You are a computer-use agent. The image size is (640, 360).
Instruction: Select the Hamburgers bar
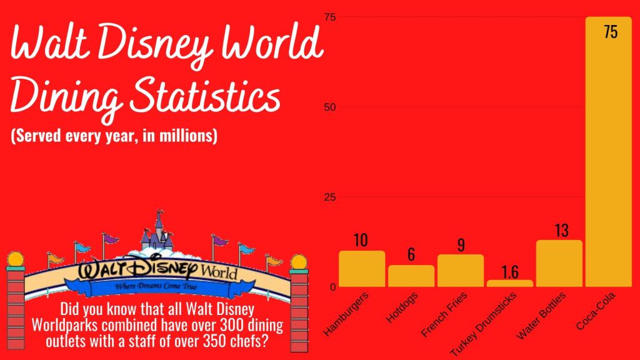(362, 269)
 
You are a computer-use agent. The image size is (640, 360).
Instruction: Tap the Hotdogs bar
(411, 276)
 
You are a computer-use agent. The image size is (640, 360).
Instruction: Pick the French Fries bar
(461, 271)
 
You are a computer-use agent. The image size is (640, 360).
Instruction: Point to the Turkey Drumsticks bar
(510, 283)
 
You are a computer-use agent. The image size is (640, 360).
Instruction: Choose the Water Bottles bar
(559, 263)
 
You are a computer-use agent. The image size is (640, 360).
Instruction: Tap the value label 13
(561, 231)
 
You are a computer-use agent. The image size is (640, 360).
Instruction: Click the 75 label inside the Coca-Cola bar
(611, 32)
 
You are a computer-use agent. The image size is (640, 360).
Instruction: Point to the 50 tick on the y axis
(329, 107)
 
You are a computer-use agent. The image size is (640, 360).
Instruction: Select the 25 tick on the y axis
(329, 197)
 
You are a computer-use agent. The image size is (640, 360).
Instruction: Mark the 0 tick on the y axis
(332, 287)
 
